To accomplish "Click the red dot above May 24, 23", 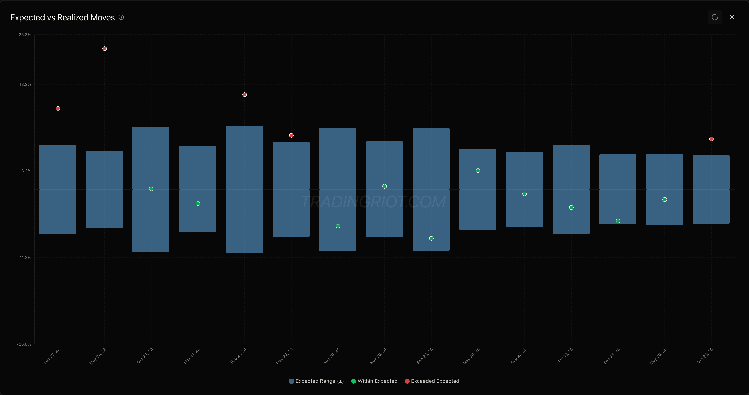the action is click(x=105, y=49).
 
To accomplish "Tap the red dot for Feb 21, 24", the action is click(x=244, y=95).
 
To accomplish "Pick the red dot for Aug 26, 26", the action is click(x=711, y=139).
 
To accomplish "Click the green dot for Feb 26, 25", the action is click(x=431, y=238).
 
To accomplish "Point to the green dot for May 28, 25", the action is click(x=478, y=171).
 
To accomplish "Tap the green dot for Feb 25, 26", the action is click(x=618, y=221).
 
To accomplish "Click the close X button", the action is click(x=732, y=17).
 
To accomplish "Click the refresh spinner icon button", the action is click(x=715, y=17).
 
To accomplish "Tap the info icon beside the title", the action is click(x=121, y=17).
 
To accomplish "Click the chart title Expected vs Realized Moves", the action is click(x=63, y=17).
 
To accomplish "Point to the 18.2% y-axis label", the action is click(x=25, y=84).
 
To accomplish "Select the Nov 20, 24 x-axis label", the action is click(x=378, y=356).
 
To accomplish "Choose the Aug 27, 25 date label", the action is click(x=518, y=356).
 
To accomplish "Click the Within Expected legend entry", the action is click(x=374, y=381).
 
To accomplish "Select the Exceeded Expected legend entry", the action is click(x=432, y=381).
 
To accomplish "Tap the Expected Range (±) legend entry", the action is click(x=316, y=381).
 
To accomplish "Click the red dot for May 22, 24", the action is click(x=291, y=135).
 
